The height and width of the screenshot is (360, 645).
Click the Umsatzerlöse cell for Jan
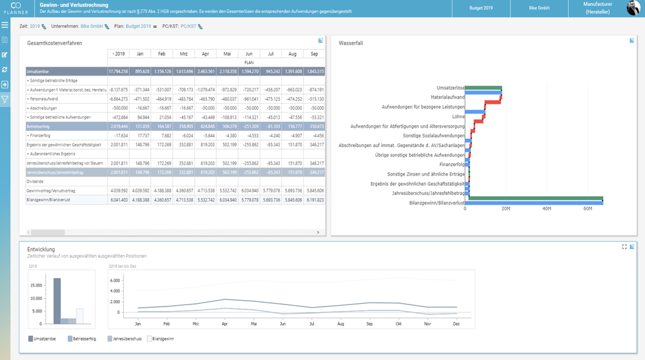pos(140,72)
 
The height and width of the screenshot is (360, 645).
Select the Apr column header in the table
pos(205,54)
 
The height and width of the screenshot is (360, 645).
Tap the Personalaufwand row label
pos(45,99)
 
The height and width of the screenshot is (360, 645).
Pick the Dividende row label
pos(35,182)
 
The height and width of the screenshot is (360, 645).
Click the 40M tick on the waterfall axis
pos(546,209)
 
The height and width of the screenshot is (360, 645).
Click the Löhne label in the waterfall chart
pos(458,117)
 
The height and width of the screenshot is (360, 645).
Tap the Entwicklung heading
pos(41,249)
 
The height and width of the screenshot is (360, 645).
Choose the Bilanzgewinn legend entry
pos(161,338)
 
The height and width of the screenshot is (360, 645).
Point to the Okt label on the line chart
pos(399,323)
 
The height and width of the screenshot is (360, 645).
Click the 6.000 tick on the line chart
pos(115,281)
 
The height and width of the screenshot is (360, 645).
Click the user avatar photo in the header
pos(633,8)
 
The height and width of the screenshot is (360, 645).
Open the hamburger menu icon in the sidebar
pos(5,25)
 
